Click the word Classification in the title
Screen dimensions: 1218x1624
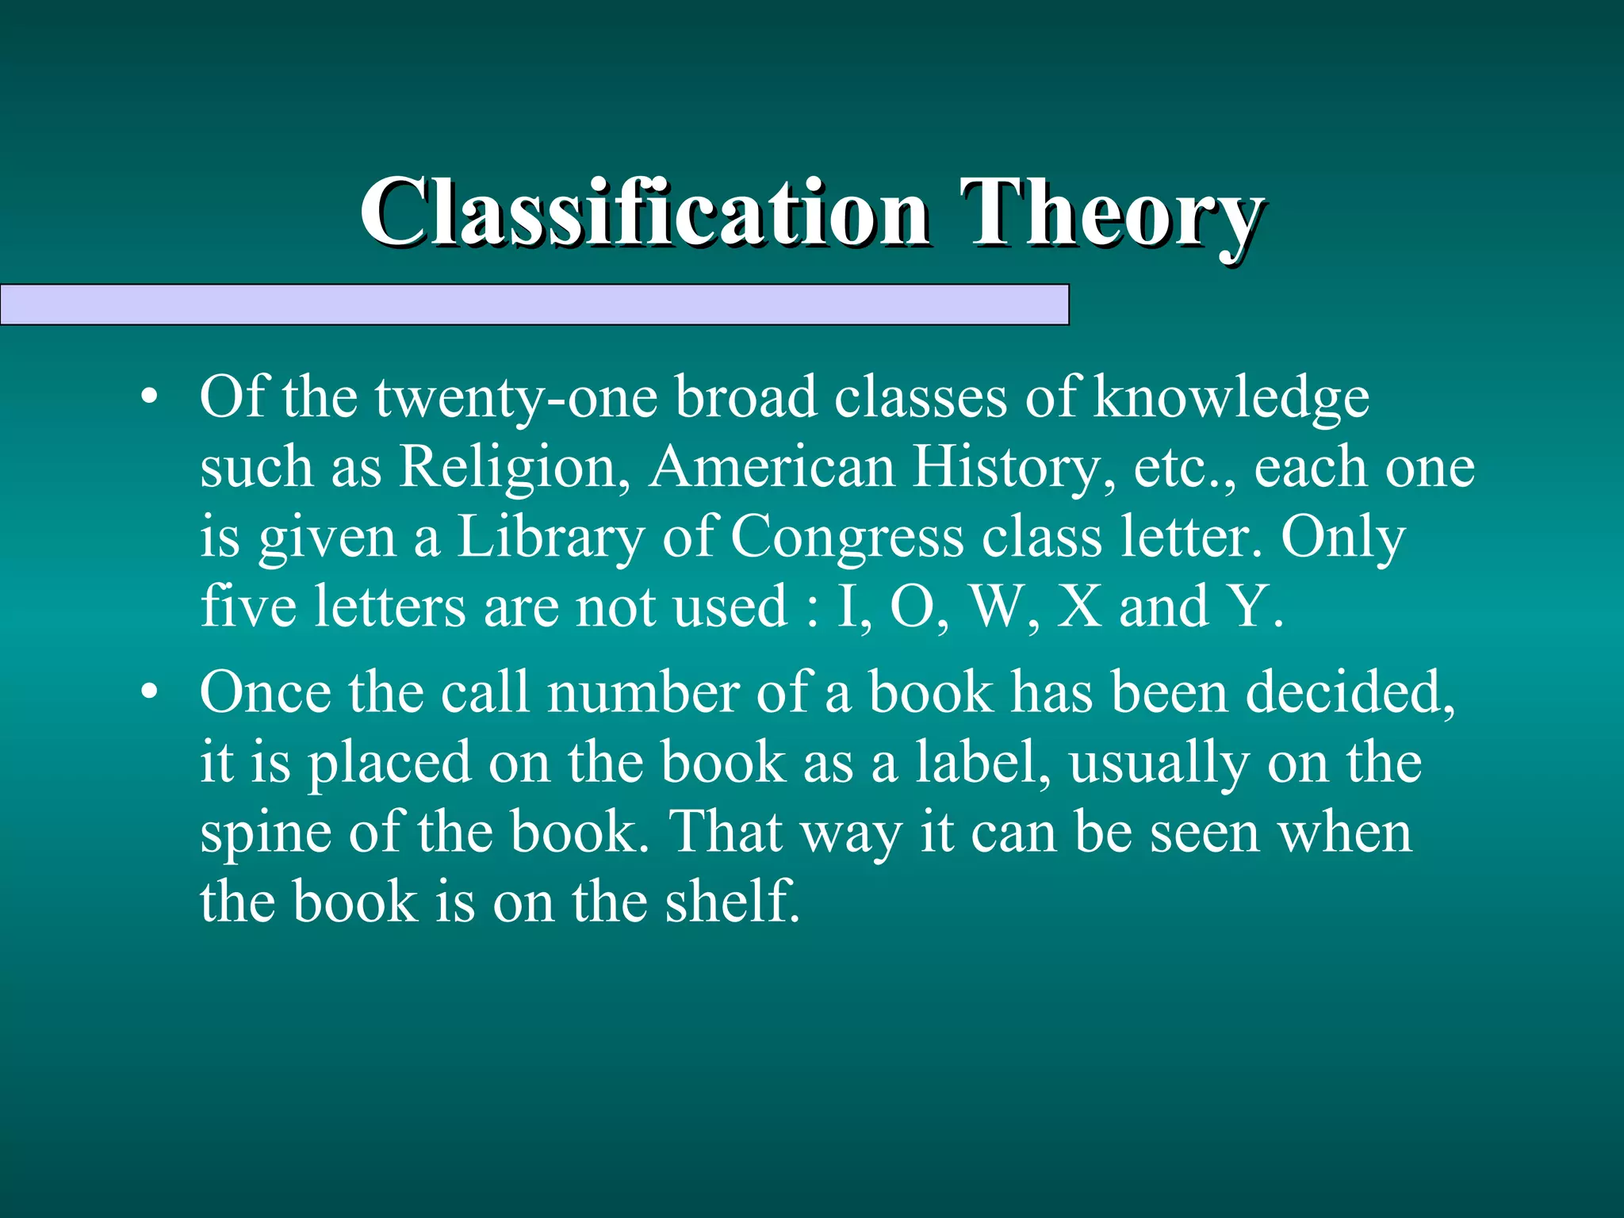tap(644, 213)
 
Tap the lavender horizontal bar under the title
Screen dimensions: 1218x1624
tap(534, 304)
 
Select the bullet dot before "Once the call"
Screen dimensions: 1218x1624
tap(149, 693)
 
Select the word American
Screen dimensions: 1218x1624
tap(772, 467)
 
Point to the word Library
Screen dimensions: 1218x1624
tap(550, 538)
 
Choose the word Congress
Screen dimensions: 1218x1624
tap(847, 538)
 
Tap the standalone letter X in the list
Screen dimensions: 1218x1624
tap(1079, 607)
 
